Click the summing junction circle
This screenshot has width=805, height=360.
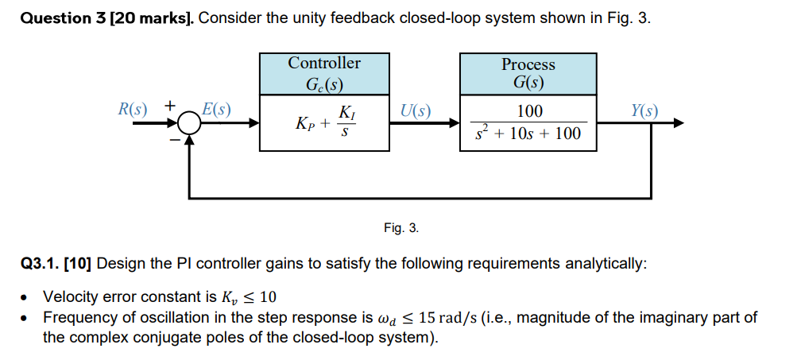[x=188, y=123]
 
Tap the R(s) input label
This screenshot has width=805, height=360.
[x=133, y=109]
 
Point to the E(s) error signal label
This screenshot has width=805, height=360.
[x=215, y=109]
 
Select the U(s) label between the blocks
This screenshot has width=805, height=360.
[x=415, y=110]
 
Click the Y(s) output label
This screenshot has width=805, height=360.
[x=644, y=110]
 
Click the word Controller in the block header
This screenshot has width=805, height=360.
[x=323, y=63]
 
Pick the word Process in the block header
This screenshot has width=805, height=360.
[x=528, y=64]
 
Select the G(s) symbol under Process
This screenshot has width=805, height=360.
[x=528, y=83]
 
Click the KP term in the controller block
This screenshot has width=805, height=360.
[x=304, y=124]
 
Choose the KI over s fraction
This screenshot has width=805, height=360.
[x=346, y=122]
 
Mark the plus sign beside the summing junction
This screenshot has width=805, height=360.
[x=169, y=106]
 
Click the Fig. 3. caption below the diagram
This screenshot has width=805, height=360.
[x=401, y=228]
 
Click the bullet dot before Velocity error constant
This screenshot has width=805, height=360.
[x=26, y=298]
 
